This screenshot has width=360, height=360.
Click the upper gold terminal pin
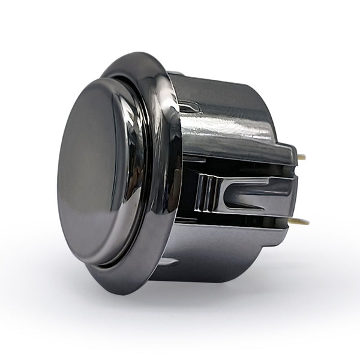(x=301, y=157)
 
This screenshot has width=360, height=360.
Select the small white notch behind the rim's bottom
(x=169, y=262)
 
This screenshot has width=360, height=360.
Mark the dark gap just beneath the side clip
(x=240, y=221)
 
